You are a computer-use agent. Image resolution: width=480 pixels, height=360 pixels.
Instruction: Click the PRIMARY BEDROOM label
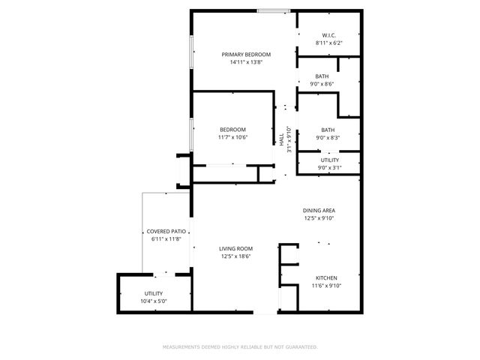[246, 55]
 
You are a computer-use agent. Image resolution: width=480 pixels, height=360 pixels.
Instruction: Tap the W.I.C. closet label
[328, 35]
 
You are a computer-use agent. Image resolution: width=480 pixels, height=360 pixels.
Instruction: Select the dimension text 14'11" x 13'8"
[246, 62]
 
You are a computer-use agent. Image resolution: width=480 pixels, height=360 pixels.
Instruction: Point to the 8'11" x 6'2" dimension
[328, 43]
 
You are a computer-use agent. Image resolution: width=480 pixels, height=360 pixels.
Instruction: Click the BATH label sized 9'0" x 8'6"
[322, 76]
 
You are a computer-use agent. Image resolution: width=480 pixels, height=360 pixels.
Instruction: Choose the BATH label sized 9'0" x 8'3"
[328, 130]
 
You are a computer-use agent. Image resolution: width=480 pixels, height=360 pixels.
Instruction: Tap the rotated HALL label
[282, 139]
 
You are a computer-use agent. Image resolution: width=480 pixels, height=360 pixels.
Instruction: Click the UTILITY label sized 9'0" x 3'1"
[329, 160]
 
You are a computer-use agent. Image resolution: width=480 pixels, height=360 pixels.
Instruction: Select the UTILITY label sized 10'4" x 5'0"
[154, 293]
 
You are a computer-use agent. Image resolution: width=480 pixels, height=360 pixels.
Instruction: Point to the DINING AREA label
[319, 211]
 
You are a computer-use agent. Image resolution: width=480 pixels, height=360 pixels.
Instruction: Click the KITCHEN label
[326, 277]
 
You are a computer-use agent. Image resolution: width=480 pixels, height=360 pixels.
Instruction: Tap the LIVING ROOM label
[235, 249]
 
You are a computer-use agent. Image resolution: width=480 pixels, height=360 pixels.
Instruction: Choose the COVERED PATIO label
[166, 232]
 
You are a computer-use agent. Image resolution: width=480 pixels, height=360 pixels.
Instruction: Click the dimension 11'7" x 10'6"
[232, 137]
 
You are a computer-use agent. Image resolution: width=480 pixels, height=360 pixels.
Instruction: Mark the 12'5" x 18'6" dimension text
[235, 256]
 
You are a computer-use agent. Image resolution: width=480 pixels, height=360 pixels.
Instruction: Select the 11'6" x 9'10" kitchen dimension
[326, 286]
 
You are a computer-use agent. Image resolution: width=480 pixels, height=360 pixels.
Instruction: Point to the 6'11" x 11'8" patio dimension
[166, 239]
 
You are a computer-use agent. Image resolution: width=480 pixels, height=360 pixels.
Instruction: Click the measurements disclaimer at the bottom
[240, 347]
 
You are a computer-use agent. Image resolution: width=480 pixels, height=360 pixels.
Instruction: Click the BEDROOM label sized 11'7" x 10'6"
[232, 130]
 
